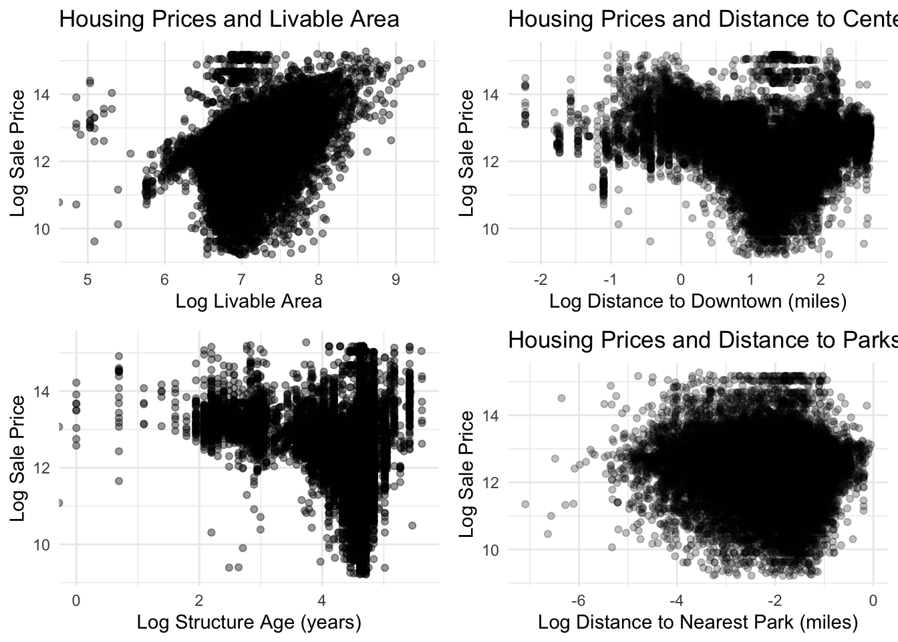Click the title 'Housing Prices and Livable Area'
pos(229,19)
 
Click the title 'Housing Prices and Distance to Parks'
pos(702,340)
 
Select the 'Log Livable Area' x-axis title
pos(249,301)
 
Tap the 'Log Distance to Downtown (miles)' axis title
pos(698,301)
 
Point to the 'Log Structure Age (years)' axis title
pos(249,622)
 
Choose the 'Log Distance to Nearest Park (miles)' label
pos(698,622)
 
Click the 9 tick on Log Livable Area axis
pos(396,280)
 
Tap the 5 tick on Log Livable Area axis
pos(88,280)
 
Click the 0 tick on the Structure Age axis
pos(76,601)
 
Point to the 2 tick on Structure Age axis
pos(199,601)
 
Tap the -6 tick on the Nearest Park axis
pos(579,601)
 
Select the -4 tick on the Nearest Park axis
pos(677,601)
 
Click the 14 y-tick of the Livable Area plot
pos(41,94)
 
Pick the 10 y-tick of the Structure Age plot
pos(41,544)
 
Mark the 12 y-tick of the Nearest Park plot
pos(492,483)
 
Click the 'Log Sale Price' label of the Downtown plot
pos(467,153)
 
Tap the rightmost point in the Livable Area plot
pos(422,64)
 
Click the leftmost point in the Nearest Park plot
pos(525,504)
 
